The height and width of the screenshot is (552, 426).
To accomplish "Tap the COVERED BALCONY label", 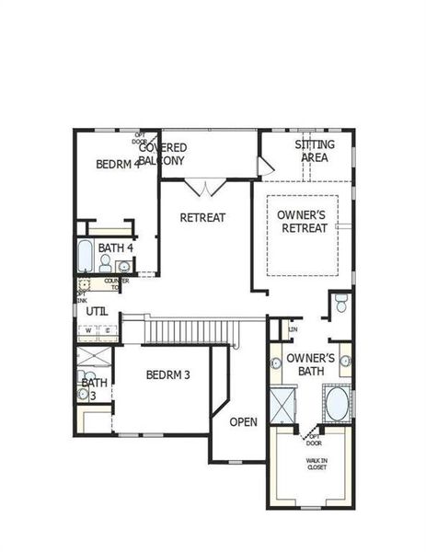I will pos(163,154).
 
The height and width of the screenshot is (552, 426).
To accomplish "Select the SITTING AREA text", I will pos(315,151).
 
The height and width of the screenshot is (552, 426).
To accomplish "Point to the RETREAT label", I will pos(202,218).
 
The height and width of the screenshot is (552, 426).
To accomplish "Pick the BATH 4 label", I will pos(116,247).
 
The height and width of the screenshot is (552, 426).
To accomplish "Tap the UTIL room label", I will pos(97,311).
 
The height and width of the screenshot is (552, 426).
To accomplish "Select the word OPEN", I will pos(243,422).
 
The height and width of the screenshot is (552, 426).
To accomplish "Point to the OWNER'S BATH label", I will pos(308,364).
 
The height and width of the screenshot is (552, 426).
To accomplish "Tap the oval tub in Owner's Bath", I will pos(336,403).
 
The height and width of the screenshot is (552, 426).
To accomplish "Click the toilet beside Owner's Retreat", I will pos(340,304).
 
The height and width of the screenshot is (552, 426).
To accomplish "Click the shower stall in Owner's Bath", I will pos(282,406).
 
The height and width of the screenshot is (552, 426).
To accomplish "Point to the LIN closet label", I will pos(294,329).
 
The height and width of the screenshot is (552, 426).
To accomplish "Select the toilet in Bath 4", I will pos(123,267).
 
